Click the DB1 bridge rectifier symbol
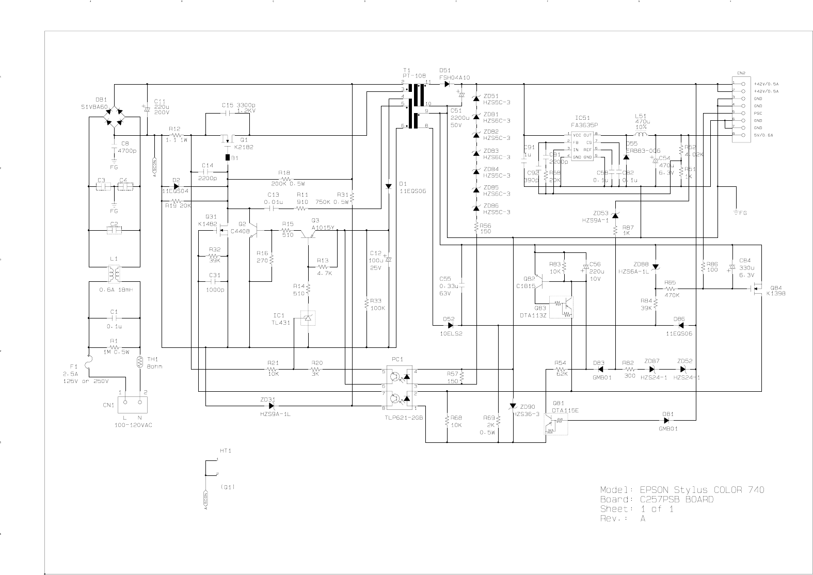pos(115,116)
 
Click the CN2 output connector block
pos(740,108)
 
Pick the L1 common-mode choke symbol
pos(115,274)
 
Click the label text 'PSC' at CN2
pos(758,113)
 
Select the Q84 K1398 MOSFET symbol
pos(757,289)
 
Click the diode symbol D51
pos(447,84)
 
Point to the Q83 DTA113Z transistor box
pos(562,307)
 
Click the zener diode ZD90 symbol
pos(513,407)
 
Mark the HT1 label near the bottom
pos(226,451)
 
